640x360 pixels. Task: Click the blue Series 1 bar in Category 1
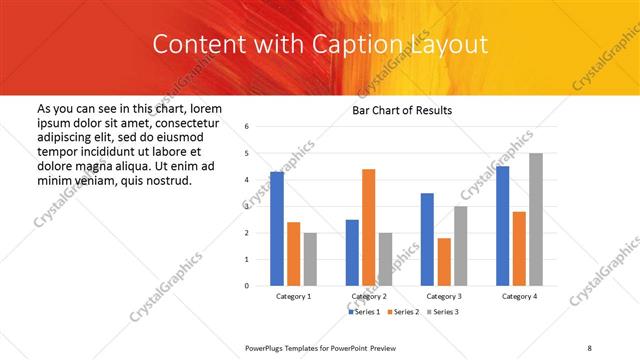coord(277,229)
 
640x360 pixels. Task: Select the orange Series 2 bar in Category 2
coord(368,227)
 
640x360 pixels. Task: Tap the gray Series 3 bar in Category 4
coord(536,219)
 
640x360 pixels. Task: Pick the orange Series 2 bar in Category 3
coord(444,262)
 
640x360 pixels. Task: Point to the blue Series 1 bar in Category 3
coord(427,239)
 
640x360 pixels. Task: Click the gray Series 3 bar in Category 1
coord(310,259)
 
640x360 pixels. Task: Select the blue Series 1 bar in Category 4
coord(502,226)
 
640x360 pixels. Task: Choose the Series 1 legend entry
coord(364,312)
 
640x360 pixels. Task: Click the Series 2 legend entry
coord(403,312)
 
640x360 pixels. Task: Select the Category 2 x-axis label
coord(369,297)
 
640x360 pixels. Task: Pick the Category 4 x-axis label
coord(519,297)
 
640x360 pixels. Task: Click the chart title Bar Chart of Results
coord(402,110)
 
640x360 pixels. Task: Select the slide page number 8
coord(589,348)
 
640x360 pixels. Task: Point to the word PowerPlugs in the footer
coord(269,348)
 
